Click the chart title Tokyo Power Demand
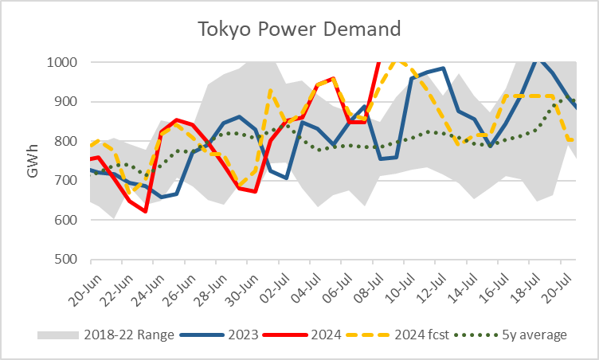pos(299,30)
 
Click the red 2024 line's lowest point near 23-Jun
pos(146,211)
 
